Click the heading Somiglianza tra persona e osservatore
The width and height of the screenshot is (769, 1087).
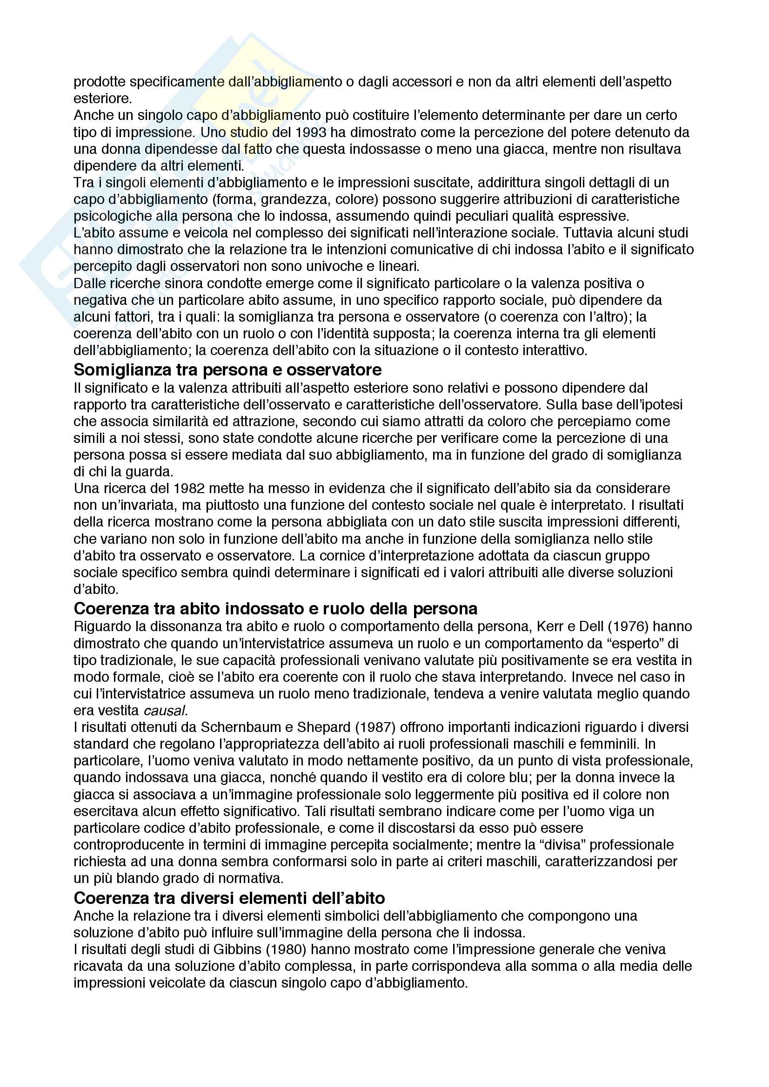(x=227, y=369)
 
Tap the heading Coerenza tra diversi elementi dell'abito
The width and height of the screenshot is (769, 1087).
(x=229, y=898)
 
